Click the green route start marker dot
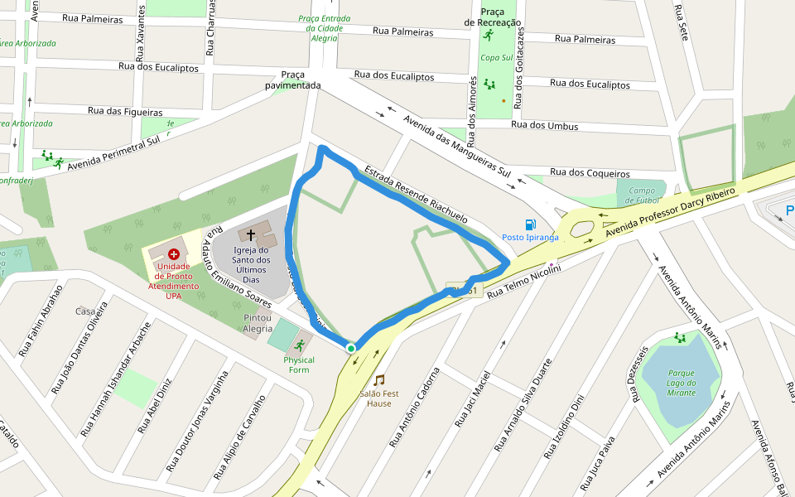(351, 349)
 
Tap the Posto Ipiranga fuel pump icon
(530, 224)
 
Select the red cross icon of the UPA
(174, 253)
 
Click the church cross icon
(251, 236)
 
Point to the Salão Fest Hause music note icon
(379, 379)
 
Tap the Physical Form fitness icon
(299, 345)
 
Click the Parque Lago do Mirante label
(682, 383)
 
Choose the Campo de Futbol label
(642, 195)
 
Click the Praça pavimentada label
(293, 80)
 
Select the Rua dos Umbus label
(545, 126)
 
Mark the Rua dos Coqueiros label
(589, 174)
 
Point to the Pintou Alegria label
(258, 323)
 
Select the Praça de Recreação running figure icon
(489, 35)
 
